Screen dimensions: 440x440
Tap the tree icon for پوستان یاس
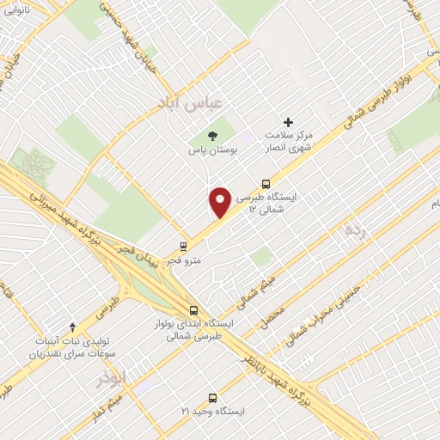tap(213, 135)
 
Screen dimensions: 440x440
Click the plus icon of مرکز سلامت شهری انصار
tap(288, 122)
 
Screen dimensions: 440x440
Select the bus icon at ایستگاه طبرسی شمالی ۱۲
tap(266, 183)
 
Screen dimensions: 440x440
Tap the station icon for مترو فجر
tap(183, 246)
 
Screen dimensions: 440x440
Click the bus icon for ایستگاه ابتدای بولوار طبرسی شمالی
tap(192, 310)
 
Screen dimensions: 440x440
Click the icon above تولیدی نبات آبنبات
tap(73, 327)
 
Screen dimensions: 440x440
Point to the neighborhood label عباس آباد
tap(190, 102)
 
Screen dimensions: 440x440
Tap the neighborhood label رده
tap(355, 229)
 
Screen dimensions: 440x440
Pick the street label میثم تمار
tap(113, 406)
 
